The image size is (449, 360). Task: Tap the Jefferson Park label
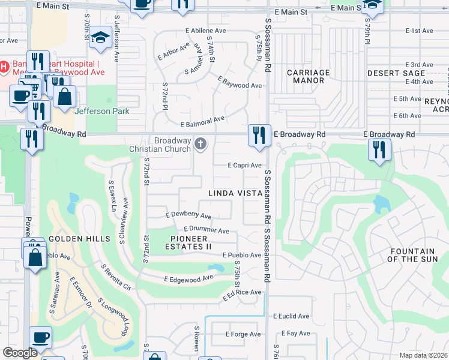(101, 111)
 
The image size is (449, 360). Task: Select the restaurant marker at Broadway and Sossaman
(258, 134)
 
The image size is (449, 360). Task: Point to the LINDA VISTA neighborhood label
(235, 193)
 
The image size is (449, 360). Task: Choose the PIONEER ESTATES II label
(188, 243)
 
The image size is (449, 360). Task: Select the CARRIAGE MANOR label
(308, 77)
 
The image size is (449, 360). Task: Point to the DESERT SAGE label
(396, 73)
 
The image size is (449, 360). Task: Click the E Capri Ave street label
(244, 166)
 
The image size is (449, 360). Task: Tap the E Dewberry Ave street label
(188, 215)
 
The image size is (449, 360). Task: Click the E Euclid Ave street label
(291, 316)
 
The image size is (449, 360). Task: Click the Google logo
(20, 353)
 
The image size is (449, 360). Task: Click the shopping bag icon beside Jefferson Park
(64, 95)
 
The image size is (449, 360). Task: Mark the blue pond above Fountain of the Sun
(381, 205)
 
